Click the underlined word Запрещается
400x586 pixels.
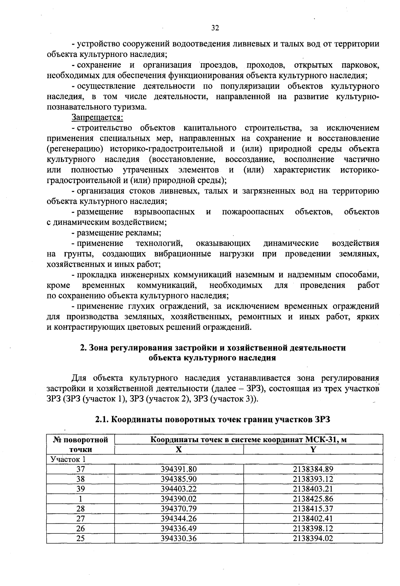97,118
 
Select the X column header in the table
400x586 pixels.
179,449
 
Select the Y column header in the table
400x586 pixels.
313,449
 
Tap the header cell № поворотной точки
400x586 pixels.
81,444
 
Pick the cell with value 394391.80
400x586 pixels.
179,469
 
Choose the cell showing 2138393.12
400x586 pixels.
313,479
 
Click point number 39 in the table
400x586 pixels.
81,489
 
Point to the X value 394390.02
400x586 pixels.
179,499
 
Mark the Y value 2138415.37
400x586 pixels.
313,509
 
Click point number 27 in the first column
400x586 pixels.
81,518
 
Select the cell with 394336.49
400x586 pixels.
179,528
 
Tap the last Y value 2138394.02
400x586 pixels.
313,538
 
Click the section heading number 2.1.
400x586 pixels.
102,420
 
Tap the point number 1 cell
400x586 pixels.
81,499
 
